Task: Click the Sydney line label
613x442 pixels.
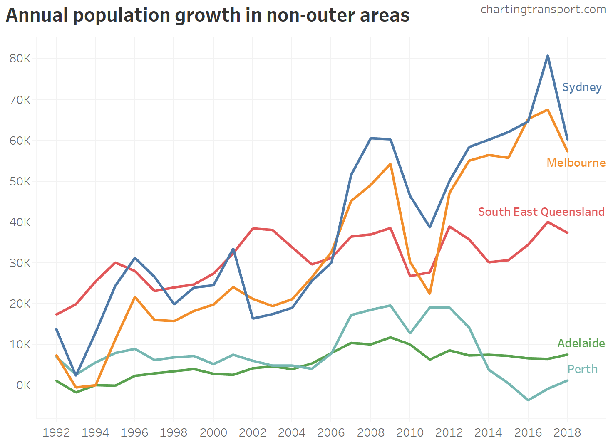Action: [x=582, y=87]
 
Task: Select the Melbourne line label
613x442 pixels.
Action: [x=576, y=163]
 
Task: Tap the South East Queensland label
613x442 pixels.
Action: [x=541, y=212]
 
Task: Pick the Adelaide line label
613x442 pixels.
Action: [x=581, y=343]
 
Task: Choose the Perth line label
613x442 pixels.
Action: [x=582, y=369]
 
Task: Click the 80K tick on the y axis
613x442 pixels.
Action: [x=20, y=58]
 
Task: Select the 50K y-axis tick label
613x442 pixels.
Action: [x=20, y=181]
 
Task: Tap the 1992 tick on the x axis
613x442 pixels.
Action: [x=56, y=432]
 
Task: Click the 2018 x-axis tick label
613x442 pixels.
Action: [x=567, y=432]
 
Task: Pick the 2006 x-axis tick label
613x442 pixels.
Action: [x=331, y=432]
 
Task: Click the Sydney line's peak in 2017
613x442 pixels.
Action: [x=548, y=56]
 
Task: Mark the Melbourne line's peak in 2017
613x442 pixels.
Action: [x=548, y=110]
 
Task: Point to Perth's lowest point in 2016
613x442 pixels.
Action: [x=528, y=400]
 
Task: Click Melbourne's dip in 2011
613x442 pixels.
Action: [x=429, y=294]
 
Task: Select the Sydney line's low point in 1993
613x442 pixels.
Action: [x=76, y=375]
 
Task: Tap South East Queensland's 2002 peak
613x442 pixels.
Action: [x=253, y=228]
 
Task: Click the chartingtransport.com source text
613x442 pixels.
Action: [x=543, y=9]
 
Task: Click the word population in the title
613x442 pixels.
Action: [x=121, y=16]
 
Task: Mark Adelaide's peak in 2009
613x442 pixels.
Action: [x=390, y=337]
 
